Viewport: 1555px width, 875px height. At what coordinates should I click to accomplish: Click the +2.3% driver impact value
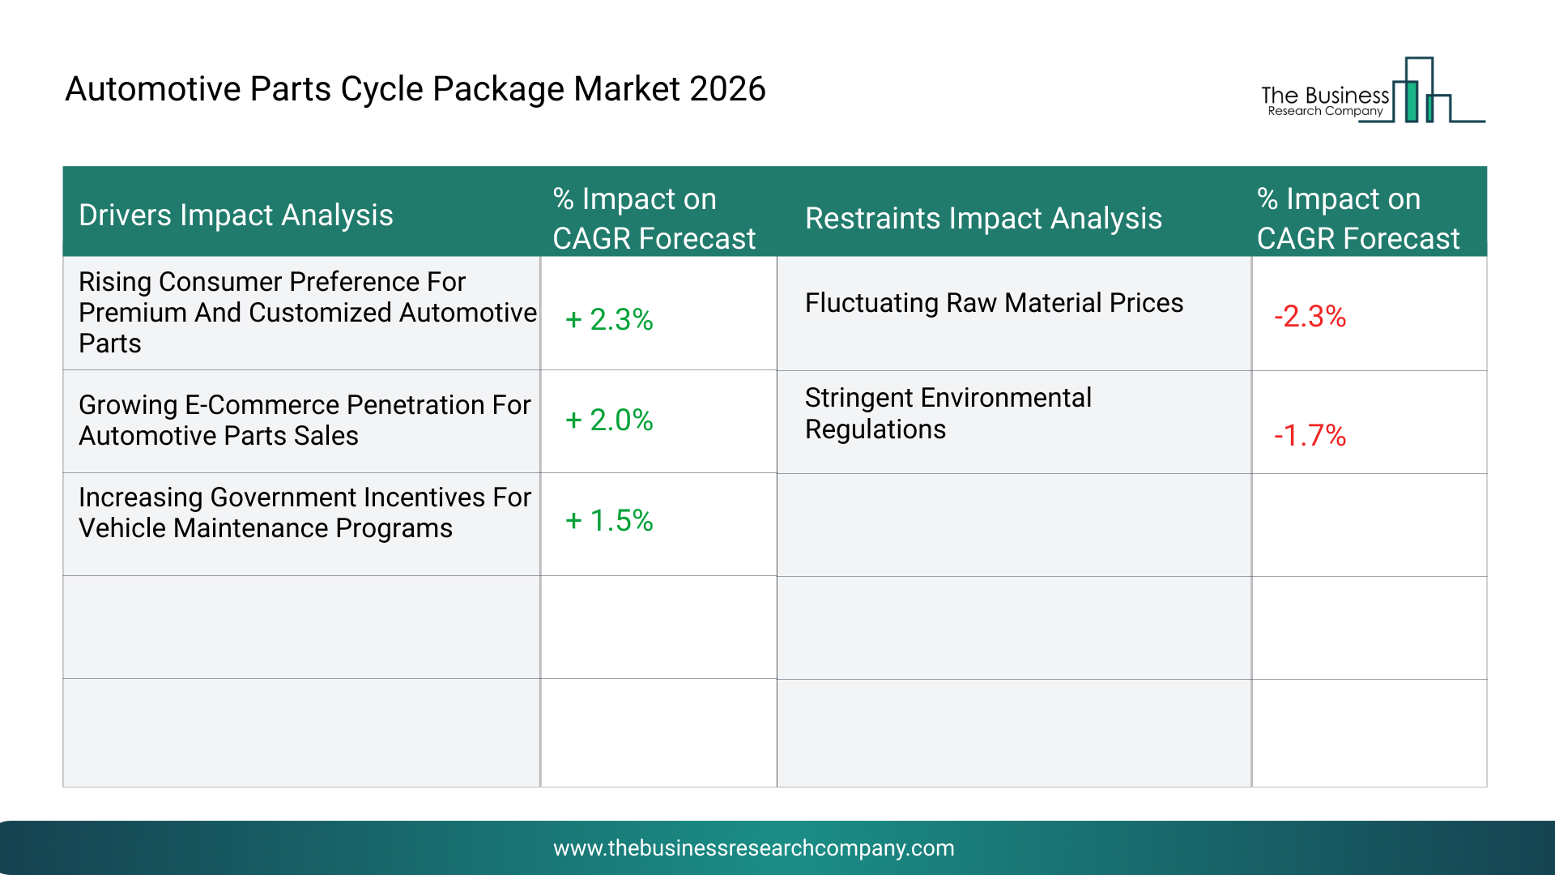pyautogui.click(x=609, y=319)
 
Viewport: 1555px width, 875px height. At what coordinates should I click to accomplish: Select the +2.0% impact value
pyautogui.click(x=609, y=420)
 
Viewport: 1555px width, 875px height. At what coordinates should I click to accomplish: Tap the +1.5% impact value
pyautogui.click(x=609, y=520)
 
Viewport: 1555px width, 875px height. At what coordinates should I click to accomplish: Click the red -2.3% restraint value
pyautogui.click(x=1310, y=316)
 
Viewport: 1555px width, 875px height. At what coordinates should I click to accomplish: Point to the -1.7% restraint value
pyautogui.click(x=1310, y=435)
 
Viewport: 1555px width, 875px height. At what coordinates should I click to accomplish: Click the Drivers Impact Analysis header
pyautogui.click(x=236, y=216)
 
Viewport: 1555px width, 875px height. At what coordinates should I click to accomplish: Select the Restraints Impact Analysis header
pyautogui.click(x=983, y=219)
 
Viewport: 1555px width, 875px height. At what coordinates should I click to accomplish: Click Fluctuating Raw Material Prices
pyautogui.click(x=994, y=303)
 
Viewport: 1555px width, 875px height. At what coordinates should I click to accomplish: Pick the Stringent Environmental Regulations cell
pyautogui.click(x=948, y=413)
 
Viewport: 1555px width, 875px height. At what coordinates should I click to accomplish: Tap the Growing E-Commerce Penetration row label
pyautogui.click(x=305, y=420)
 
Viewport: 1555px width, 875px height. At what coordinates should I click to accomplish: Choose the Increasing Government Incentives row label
pyautogui.click(x=305, y=512)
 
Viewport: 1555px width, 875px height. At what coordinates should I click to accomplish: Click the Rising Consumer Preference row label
pyautogui.click(x=308, y=312)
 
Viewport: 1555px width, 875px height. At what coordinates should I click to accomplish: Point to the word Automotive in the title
pyautogui.click(x=153, y=89)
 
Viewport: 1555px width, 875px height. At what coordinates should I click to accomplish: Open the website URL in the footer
pyautogui.click(x=754, y=847)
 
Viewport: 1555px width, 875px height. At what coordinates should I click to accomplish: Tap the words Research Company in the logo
pyautogui.click(x=1325, y=111)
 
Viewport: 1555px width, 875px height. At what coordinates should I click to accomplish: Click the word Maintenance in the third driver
pyautogui.click(x=251, y=528)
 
